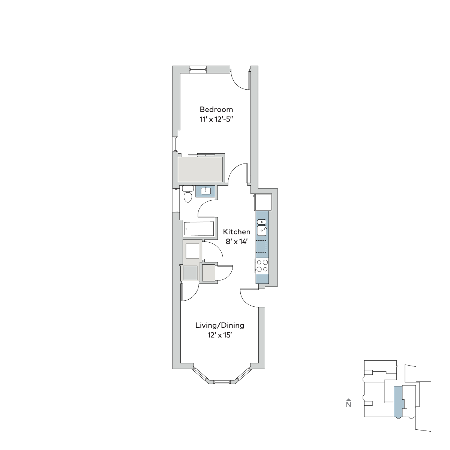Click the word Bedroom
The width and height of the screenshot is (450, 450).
pos(216,109)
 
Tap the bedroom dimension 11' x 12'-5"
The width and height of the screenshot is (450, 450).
pos(216,119)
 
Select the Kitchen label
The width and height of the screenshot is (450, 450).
pos(237,232)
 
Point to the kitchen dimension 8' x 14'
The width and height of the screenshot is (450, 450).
pos(237,242)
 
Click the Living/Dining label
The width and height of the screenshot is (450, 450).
pos(220,325)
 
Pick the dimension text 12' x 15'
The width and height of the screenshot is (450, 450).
pos(220,335)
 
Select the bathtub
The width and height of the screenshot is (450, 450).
pos(199,229)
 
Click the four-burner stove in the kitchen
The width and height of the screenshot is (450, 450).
pos(262,266)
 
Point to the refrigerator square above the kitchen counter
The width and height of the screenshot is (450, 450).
pos(264,202)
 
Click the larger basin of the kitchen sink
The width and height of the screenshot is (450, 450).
pos(262,231)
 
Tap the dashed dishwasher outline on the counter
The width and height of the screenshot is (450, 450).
pos(261,246)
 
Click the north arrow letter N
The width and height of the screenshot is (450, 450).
pos(349,404)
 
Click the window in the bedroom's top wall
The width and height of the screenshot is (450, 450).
pos(198,69)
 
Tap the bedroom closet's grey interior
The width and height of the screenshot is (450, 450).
pos(200,169)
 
